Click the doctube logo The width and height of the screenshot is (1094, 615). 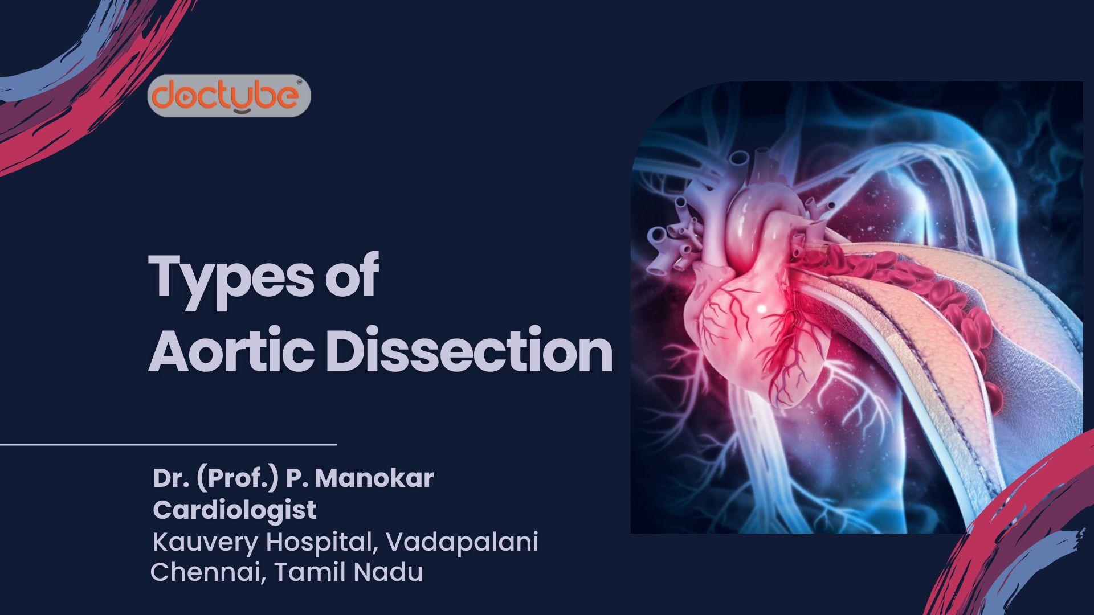pos(228,95)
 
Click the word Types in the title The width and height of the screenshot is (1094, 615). pos(231,277)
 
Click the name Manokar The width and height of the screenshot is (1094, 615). pos(374,478)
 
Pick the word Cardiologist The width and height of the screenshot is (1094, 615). pos(234,510)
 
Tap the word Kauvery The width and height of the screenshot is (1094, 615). pos(205,542)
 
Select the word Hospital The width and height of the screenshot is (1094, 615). pos(322,542)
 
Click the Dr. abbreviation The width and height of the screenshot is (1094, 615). pos(170,478)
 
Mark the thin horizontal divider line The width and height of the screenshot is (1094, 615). pos(168,444)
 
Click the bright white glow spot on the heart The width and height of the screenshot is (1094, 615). pos(761,308)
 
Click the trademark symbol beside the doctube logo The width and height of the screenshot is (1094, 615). pos(300,83)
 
